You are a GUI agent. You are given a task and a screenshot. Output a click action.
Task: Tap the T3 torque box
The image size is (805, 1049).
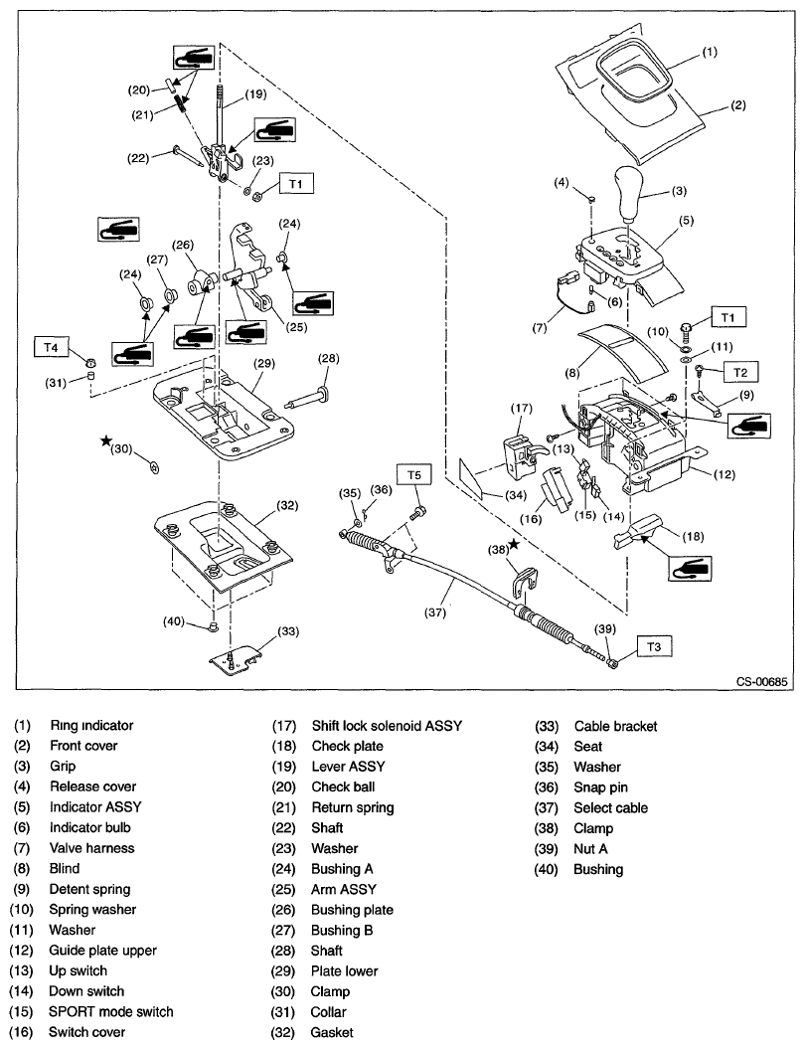click(x=651, y=647)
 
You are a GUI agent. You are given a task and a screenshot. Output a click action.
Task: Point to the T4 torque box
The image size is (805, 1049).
click(x=52, y=346)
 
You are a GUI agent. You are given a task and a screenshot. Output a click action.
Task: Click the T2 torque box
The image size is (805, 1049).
click(x=738, y=371)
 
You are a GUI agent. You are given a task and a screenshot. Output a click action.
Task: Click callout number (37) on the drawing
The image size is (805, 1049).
click(x=434, y=613)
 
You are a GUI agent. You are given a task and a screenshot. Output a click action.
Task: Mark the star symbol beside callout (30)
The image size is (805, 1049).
click(x=105, y=439)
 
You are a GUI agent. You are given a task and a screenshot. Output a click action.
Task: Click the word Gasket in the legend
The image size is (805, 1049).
click(x=332, y=1032)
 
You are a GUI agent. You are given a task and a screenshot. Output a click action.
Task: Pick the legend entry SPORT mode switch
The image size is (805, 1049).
click(x=110, y=1011)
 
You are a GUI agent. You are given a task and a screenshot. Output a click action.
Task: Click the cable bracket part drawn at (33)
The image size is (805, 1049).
click(x=236, y=657)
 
